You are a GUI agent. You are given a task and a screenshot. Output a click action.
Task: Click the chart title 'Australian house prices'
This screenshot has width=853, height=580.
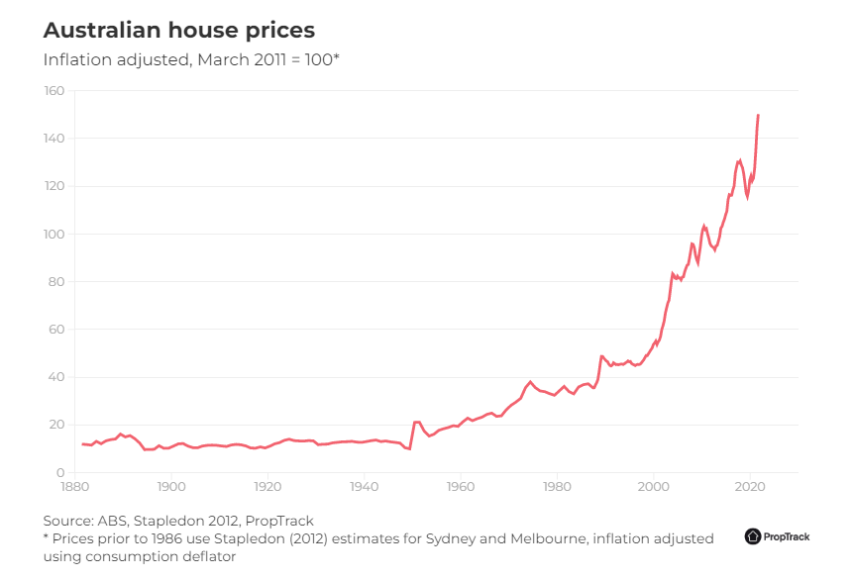[179, 31]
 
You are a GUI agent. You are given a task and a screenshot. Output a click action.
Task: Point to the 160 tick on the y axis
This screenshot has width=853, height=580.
[54, 91]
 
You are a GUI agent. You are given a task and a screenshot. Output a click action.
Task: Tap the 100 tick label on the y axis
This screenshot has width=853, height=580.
[54, 235]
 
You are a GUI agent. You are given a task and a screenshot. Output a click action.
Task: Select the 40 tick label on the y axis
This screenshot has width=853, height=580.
[56, 377]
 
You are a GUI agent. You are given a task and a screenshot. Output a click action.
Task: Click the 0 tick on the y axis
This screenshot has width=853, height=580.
[60, 473]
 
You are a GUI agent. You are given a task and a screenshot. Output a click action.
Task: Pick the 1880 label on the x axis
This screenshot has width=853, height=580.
[75, 487]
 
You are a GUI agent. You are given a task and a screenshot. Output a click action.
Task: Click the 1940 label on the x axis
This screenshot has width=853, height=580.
[365, 487]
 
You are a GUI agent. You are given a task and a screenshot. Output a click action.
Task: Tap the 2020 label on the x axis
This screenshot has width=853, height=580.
[750, 487]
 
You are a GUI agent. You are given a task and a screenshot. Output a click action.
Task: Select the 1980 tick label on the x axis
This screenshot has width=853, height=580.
[557, 487]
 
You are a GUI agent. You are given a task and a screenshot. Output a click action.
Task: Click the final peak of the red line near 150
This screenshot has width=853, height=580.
[758, 115]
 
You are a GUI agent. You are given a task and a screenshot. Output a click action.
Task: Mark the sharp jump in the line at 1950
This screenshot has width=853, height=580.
[412, 435]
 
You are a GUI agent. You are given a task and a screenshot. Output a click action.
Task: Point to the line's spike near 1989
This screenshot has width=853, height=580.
[601, 356]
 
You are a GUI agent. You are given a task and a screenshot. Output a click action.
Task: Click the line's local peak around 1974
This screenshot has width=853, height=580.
[530, 382]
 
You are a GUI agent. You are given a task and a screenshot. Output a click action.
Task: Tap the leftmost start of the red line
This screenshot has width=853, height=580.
[82, 444]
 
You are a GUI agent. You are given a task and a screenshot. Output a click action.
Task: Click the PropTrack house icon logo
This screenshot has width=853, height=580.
[753, 536]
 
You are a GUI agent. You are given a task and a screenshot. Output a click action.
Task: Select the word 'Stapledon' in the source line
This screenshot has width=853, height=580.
[167, 521]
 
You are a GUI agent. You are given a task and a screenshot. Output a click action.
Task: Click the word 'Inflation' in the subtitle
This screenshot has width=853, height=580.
[77, 59]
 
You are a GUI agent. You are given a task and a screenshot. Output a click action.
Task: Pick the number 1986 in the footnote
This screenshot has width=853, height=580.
[165, 538]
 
